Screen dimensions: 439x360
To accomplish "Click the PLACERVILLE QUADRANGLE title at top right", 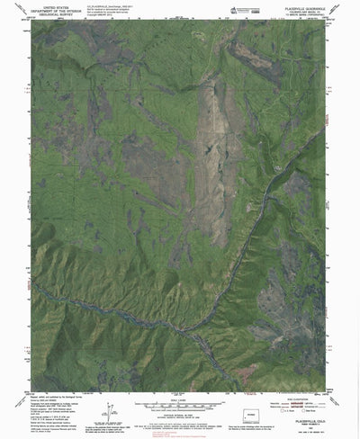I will tap(302, 6).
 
